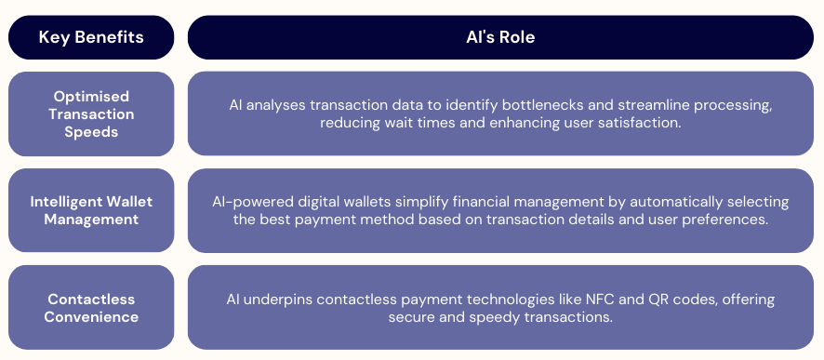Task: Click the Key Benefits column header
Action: pos(91,37)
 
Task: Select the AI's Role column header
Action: pos(500,37)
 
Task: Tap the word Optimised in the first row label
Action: pos(91,96)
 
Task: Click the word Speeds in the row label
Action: pos(91,131)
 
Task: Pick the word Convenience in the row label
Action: pos(91,316)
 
